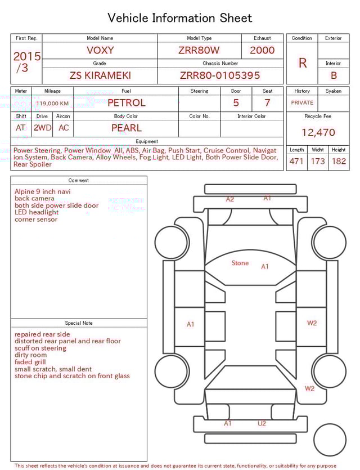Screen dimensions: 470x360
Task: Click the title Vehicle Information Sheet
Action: click(x=180, y=18)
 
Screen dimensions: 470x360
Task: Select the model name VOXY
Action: click(x=100, y=50)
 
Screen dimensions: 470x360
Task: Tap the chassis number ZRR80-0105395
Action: click(x=220, y=75)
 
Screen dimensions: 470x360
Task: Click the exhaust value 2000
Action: click(x=262, y=50)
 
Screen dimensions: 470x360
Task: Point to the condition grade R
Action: click(x=302, y=63)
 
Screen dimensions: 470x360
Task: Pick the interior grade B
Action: click(x=334, y=75)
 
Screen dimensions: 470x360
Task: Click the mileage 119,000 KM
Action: click(x=52, y=104)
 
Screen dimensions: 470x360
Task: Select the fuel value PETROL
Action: click(x=126, y=103)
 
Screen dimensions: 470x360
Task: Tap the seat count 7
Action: click(x=267, y=103)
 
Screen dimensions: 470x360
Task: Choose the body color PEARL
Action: click(x=126, y=128)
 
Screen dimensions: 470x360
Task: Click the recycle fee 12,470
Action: click(x=318, y=133)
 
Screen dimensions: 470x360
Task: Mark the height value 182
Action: click(x=339, y=162)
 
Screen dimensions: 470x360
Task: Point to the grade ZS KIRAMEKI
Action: click(x=100, y=75)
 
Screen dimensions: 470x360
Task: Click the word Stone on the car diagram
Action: click(x=240, y=263)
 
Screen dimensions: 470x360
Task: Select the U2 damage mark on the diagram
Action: click(x=262, y=423)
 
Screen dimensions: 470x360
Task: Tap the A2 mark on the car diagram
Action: click(x=230, y=199)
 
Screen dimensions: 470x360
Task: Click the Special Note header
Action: click(x=79, y=323)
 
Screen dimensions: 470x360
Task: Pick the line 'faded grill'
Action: click(x=30, y=362)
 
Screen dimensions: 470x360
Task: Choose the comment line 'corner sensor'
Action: click(x=36, y=220)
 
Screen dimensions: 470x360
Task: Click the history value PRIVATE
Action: click(x=302, y=103)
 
